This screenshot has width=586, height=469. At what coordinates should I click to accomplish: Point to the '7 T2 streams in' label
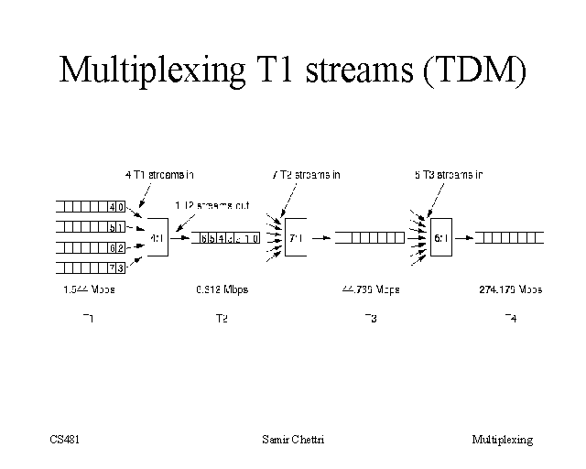coord(307,173)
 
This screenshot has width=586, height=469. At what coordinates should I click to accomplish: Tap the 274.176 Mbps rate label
coord(510,289)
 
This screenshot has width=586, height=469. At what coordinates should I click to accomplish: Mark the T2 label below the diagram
coord(221,319)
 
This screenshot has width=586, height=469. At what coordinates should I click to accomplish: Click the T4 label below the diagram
coord(510,318)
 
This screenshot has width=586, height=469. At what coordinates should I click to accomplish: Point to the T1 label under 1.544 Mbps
coord(88,318)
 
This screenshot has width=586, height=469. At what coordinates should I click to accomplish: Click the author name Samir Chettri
coord(293,440)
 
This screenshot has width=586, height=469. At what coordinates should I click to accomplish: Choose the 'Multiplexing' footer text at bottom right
coord(502,440)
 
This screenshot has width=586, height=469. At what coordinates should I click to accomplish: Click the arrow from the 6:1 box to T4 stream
coord(465,238)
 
